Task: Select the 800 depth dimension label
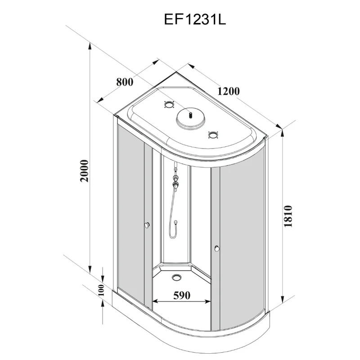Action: [125, 82]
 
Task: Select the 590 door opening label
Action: [182, 295]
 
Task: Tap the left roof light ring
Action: [169, 105]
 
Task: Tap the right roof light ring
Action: [213, 135]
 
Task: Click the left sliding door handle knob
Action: [147, 226]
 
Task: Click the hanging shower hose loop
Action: [173, 225]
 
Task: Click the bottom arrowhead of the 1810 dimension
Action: [282, 305]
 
